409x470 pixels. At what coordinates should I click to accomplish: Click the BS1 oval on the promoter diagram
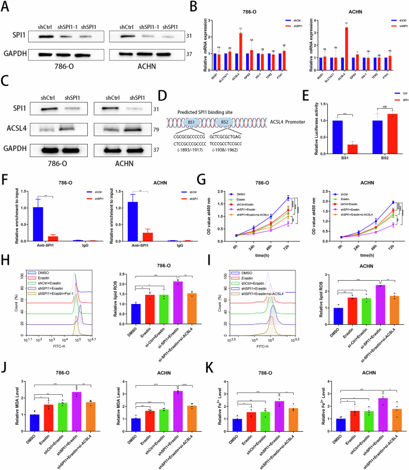point(189,122)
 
